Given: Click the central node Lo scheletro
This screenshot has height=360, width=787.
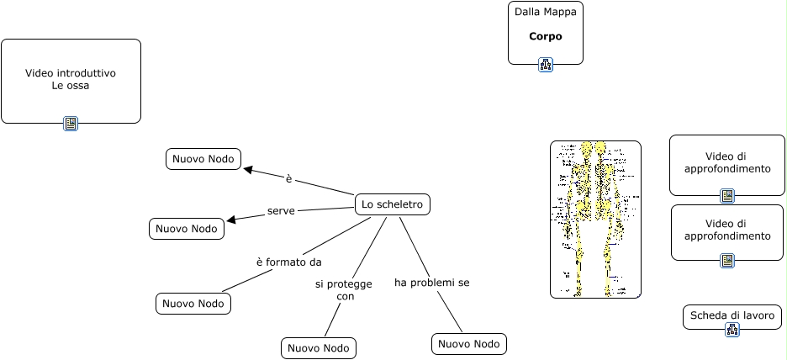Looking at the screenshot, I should coord(393,204).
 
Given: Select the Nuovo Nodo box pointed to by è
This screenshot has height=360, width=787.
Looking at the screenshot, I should coord(203,159).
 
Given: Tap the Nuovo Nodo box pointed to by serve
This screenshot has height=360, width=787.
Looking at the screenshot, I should coord(187,229).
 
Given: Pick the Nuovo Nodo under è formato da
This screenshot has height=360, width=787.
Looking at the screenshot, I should coord(193,304).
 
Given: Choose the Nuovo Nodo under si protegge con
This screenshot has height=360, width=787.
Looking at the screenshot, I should coord(319,348).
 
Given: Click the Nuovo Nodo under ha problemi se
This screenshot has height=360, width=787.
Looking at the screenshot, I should coord(469,344).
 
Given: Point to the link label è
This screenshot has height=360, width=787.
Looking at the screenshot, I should coord(288,179).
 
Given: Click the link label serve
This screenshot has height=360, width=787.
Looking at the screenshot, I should coord(281,210).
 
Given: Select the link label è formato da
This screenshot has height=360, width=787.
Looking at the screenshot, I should coord(289,262).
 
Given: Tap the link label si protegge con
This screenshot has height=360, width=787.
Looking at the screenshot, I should coord(344,290).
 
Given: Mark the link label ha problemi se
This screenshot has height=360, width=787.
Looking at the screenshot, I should coord(431,283).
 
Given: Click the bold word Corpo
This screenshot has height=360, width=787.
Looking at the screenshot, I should coord(545,37).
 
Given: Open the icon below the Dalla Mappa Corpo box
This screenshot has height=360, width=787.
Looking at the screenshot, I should coord(546,65).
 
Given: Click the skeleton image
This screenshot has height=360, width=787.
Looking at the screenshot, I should coord(595,220).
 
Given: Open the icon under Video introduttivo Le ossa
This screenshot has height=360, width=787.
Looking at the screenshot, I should coord(71,124).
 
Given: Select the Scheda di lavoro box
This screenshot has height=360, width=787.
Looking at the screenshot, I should coord(732,316).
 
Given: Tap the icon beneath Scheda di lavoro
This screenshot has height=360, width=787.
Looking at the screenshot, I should coord(732,330).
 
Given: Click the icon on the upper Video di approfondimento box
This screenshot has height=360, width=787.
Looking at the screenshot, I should coord(727,196).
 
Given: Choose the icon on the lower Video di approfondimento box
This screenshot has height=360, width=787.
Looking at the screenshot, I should coord(727,261).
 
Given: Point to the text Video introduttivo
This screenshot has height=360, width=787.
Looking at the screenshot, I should coord(71,73).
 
